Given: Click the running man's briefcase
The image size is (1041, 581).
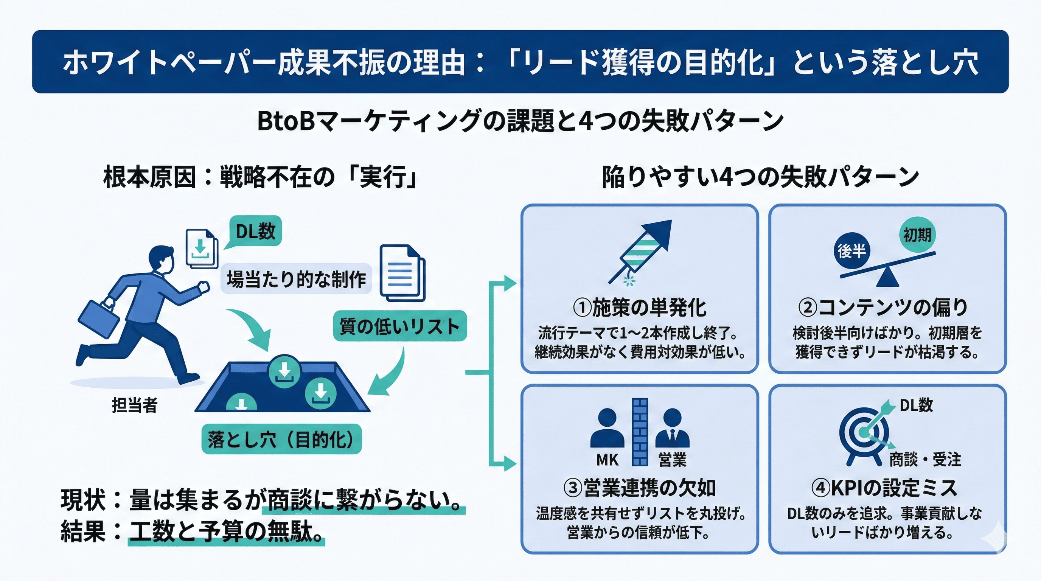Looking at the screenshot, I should [x=98, y=319].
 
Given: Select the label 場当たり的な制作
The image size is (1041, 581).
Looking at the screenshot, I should [x=296, y=279].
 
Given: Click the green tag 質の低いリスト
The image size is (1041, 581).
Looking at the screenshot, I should [x=400, y=326].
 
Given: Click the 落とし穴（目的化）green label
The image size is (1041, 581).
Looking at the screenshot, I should [x=281, y=439].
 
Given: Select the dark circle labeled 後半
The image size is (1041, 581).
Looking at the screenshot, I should [x=851, y=251].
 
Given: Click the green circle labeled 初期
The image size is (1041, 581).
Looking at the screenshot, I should [x=917, y=235].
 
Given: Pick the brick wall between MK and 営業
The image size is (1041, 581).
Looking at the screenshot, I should [x=640, y=432].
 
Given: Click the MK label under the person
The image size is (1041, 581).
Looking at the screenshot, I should [x=607, y=460].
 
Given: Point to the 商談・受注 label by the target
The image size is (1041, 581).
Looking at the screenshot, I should [x=924, y=459].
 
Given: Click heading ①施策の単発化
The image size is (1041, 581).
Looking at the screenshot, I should [x=640, y=308].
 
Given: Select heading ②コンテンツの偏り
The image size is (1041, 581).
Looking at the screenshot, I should [x=883, y=308].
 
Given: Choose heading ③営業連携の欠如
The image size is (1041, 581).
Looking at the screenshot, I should [x=640, y=488].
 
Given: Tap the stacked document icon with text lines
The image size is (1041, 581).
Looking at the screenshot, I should [x=402, y=273].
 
